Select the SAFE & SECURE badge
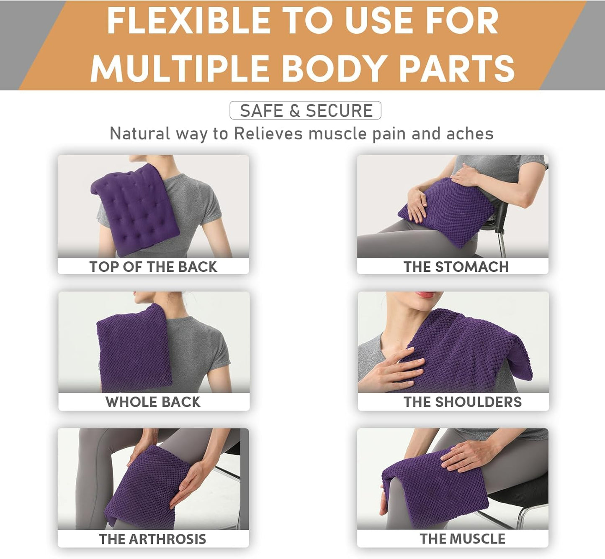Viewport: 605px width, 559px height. coord(306,110)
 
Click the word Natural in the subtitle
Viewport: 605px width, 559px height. coord(139,134)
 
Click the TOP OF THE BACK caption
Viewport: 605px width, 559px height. coord(153,267)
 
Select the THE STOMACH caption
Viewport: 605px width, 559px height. coord(456,267)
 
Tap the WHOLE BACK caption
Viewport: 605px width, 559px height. coord(153,402)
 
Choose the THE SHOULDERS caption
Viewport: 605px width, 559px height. coord(462,402)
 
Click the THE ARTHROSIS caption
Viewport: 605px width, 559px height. coord(152,539)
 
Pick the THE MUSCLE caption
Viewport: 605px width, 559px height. coord(462,539)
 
